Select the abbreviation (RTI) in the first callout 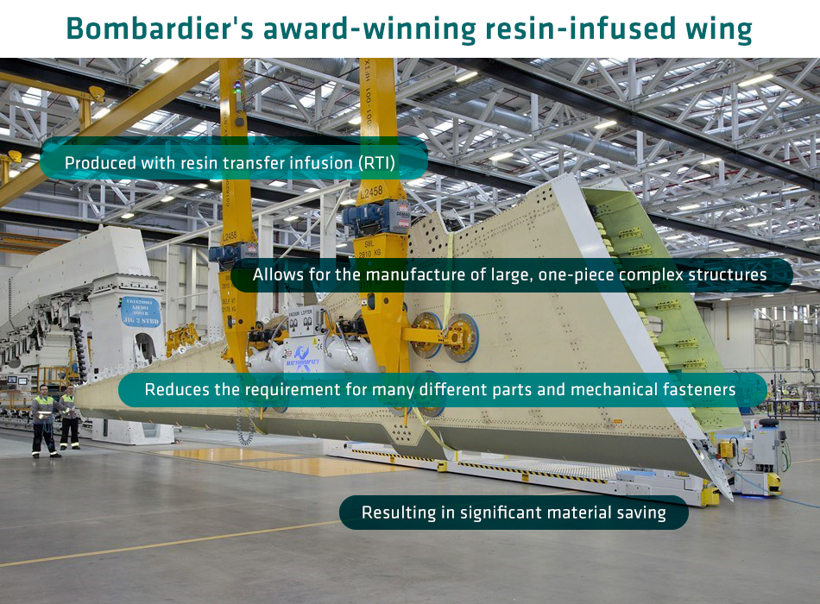pos(376,163)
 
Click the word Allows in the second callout pos(278,274)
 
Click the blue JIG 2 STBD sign pos(141,311)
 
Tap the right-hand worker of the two pos(69,418)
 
